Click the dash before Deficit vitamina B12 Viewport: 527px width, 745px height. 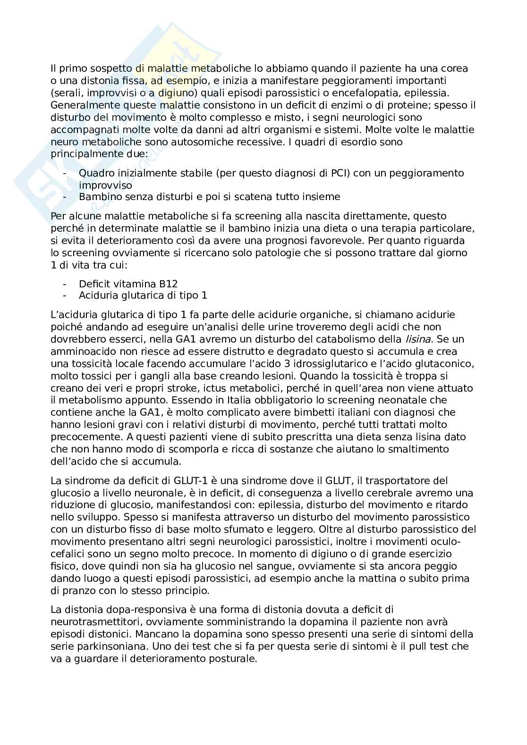65,284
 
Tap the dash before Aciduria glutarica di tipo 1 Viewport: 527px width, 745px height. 65,296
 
